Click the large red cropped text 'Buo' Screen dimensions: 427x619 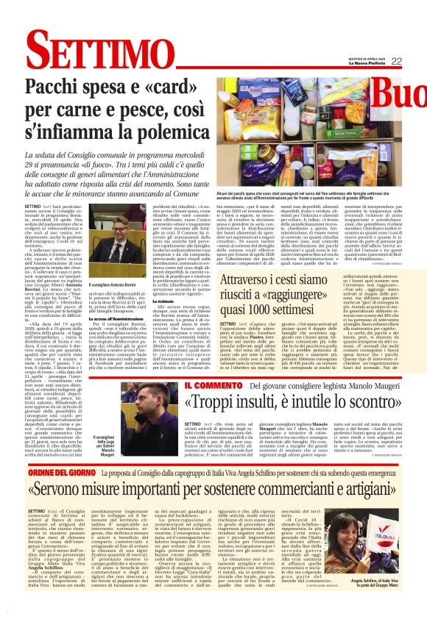[397, 93]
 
